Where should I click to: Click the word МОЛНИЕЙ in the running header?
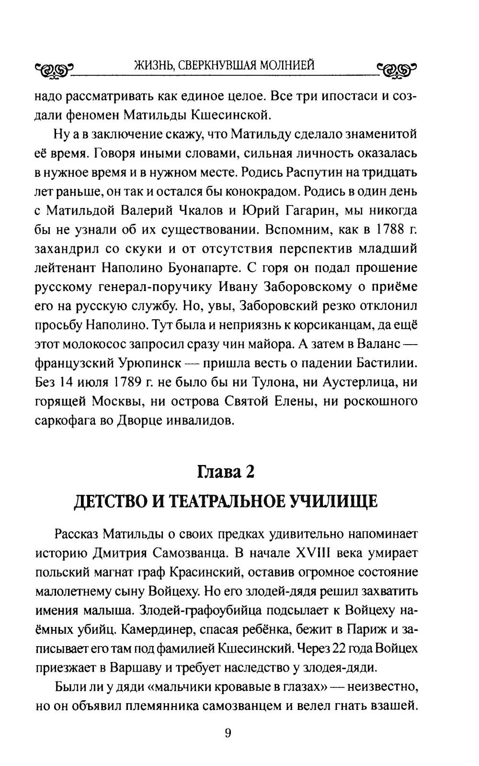[287, 65]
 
